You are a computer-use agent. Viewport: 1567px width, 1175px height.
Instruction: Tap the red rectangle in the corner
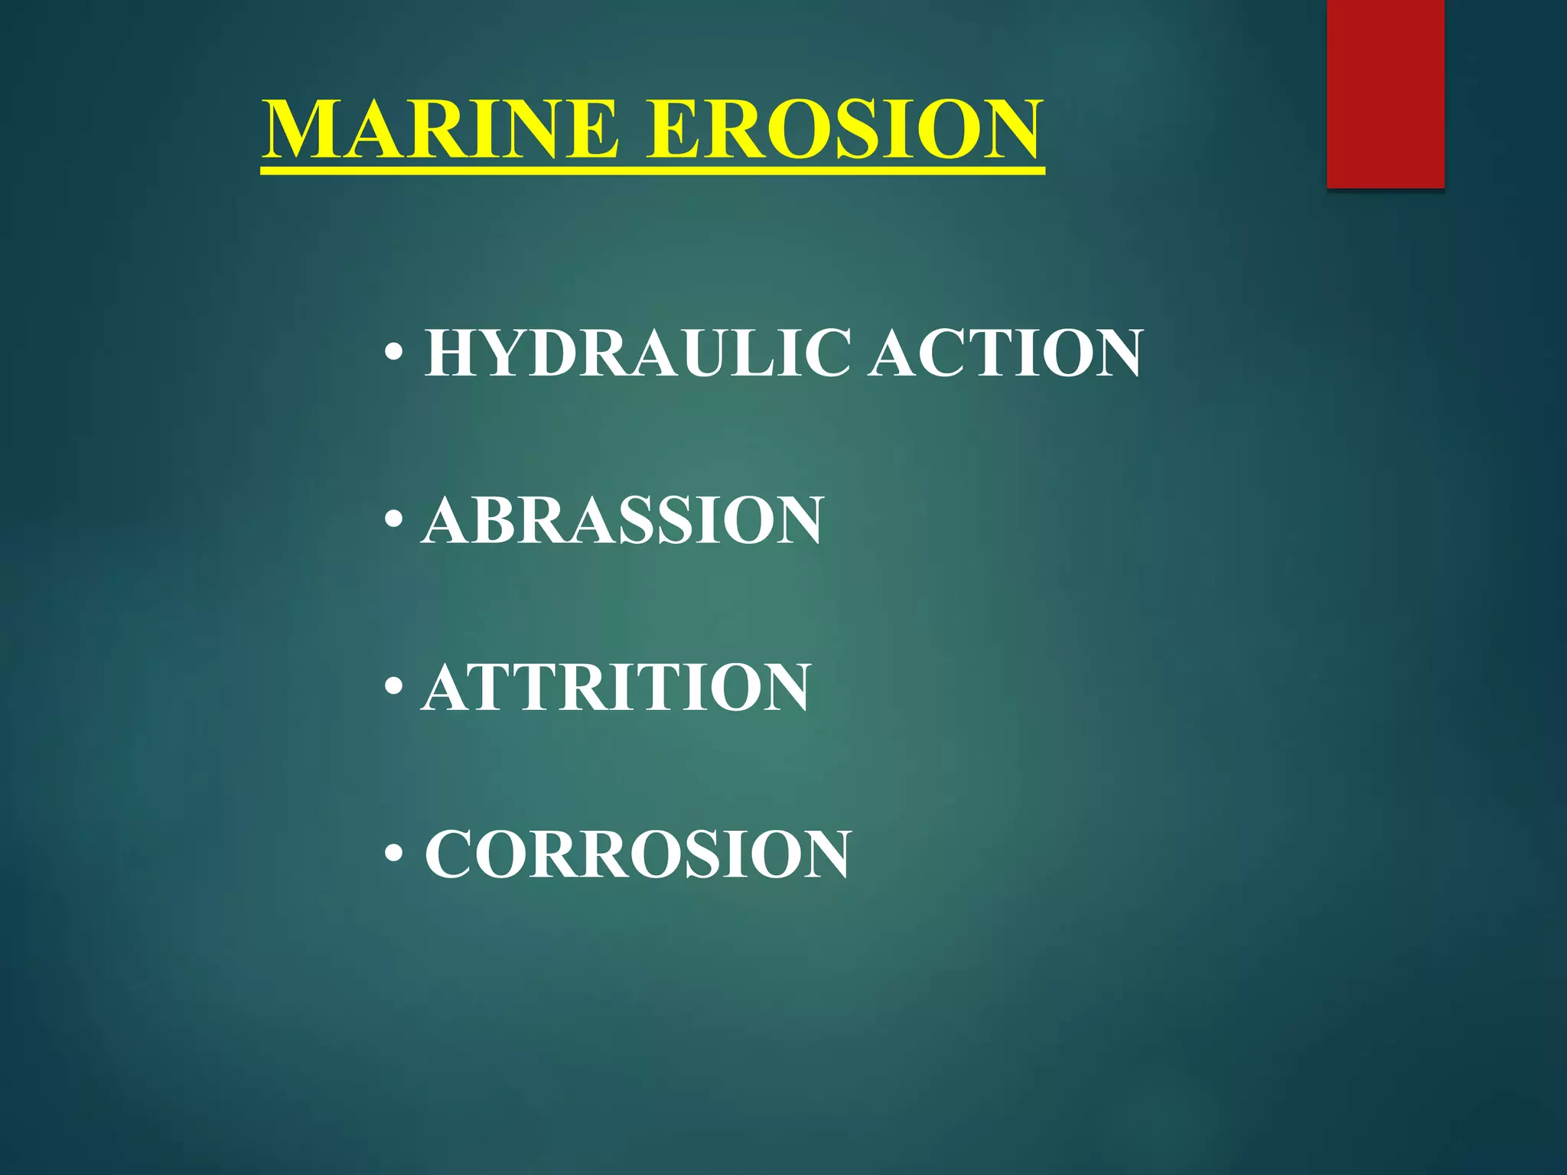(x=1385, y=93)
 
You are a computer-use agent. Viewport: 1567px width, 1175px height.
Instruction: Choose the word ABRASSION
(x=622, y=520)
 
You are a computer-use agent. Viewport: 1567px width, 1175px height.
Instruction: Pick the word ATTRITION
(x=616, y=687)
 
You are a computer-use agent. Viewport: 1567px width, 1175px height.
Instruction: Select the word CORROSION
(x=637, y=854)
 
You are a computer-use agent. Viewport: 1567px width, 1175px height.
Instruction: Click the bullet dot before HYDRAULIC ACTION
(x=394, y=353)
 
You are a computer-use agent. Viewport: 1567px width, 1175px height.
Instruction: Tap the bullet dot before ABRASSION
(x=394, y=520)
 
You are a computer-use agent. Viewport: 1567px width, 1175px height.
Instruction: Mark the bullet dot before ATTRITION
(x=394, y=687)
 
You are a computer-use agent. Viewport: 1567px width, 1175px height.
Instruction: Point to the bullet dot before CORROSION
(x=394, y=854)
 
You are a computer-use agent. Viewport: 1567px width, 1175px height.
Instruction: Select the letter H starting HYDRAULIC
(x=451, y=353)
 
